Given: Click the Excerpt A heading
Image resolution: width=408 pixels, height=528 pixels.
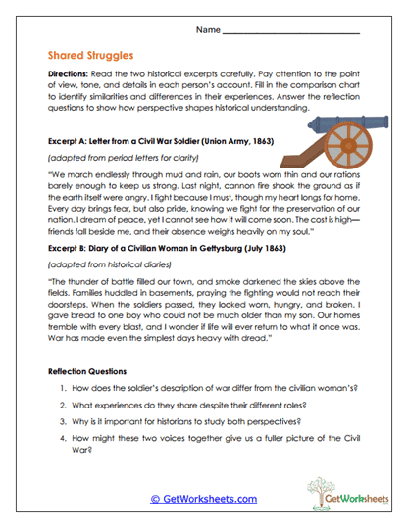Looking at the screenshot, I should (x=161, y=139).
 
